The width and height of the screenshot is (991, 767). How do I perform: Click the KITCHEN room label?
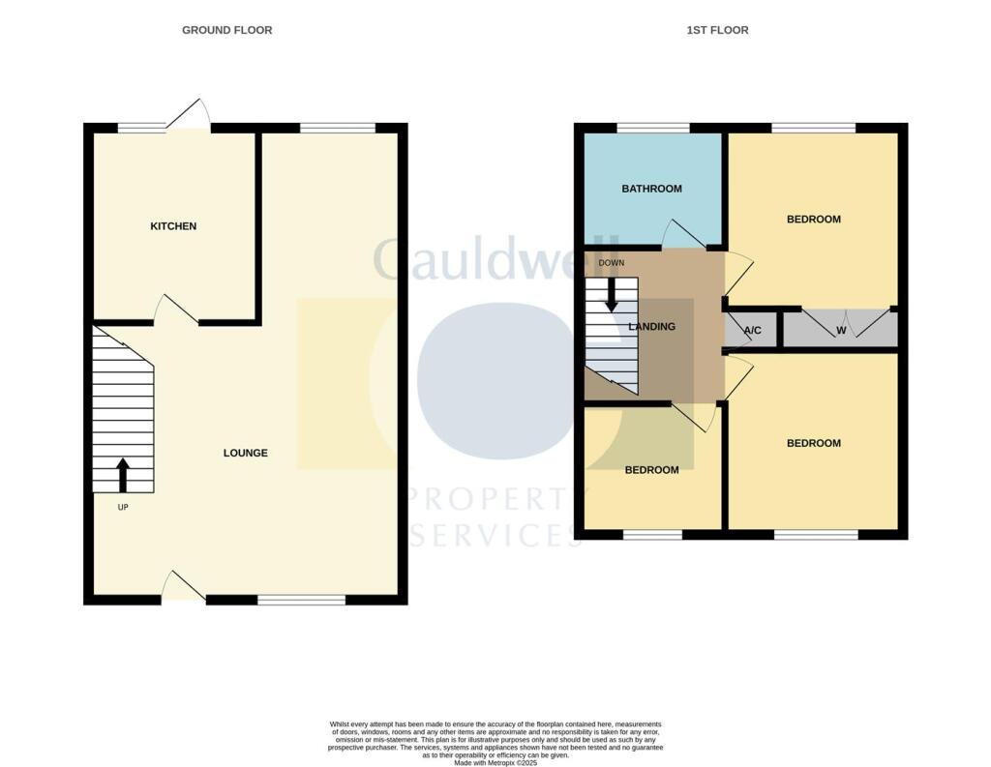(x=173, y=226)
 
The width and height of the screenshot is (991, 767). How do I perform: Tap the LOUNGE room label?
(x=246, y=453)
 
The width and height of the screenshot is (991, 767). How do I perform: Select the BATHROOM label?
(x=651, y=189)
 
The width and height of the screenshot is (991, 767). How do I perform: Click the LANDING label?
(x=652, y=327)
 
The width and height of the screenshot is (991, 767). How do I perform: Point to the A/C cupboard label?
(x=752, y=331)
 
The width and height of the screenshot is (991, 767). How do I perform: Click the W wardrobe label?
(x=841, y=331)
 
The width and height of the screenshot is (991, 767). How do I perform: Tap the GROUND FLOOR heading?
(x=227, y=30)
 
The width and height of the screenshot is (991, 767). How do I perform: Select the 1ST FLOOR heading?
(x=717, y=30)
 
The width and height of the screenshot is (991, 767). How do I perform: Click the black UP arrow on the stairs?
(x=123, y=475)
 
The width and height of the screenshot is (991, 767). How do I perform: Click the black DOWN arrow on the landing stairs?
(x=611, y=294)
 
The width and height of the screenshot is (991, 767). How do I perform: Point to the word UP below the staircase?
(x=123, y=507)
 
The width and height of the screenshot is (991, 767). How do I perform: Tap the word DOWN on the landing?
(x=612, y=263)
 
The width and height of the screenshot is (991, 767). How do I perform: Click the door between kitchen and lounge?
(x=176, y=310)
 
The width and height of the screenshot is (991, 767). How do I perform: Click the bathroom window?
(x=653, y=128)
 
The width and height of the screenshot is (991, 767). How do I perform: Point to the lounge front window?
(x=301, y=600)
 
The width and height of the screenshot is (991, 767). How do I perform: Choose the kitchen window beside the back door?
(x=141, y=128)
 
